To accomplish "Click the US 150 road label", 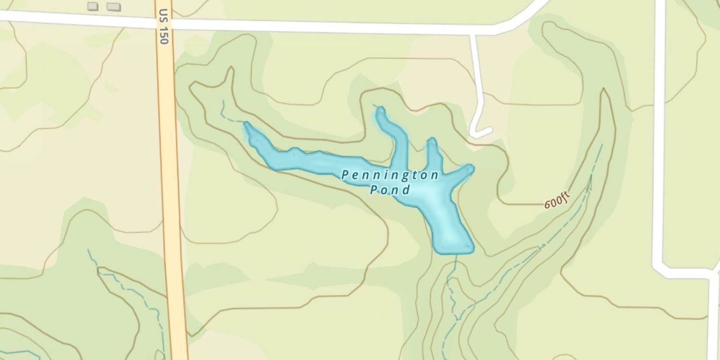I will [164, 27].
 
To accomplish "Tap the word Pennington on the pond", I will [390, 175].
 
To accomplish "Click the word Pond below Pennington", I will [390, 190].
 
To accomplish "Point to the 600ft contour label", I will [557, 199].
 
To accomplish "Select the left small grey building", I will [93, 6].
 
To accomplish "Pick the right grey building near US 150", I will [114, 7].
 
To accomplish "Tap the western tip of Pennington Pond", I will [247, 125].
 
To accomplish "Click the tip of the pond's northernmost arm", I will [380, 110].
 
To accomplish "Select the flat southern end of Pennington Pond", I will [454, 251].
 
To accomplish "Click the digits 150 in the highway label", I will [164, 35].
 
